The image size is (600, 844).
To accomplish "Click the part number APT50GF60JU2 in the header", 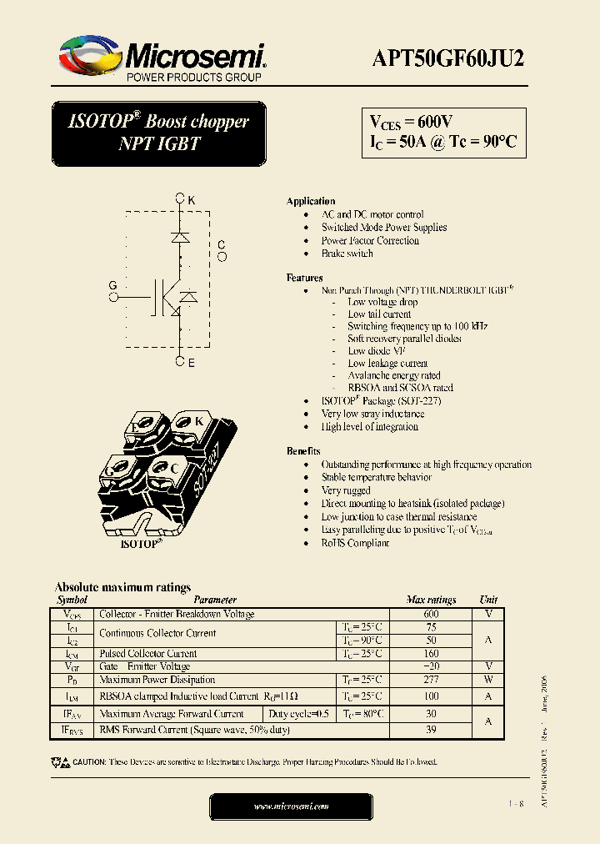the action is click(x=447, y=58).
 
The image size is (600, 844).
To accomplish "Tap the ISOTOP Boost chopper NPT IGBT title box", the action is click(x=158, y=133).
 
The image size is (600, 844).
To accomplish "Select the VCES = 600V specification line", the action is click(x=412, y=122).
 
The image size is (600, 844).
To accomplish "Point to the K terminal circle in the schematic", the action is click(x=180, y=199).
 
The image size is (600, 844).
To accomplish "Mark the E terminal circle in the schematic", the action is click(x=180, y=362).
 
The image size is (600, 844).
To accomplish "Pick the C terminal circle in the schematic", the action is click(x=222, y=257).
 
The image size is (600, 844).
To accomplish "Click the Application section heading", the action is click(x=311, y=202).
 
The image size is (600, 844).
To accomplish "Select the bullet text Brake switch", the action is click(x=347, y=254).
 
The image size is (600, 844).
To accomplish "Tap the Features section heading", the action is click(x=305, y=278).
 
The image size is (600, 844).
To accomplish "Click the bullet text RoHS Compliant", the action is click(x=355, y=543).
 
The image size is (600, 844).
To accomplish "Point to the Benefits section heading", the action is click(x=304, y=451).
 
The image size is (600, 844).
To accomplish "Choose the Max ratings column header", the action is click(x=431, y=600).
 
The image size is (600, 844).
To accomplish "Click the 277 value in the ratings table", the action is click(x=431, y=680).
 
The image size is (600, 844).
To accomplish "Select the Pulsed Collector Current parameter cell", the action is click(x=148, y=653).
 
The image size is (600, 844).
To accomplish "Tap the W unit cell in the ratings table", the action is click(x=488, y=680).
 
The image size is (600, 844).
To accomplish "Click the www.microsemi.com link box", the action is click(x=291, y=806).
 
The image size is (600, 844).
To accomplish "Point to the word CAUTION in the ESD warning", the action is click(x=89, y=762).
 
